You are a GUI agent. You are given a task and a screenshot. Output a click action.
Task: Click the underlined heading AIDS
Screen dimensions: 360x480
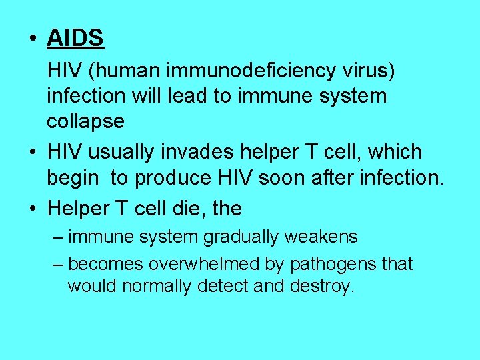point(75,39)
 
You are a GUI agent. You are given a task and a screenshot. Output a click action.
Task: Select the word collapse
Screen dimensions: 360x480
point(85,121)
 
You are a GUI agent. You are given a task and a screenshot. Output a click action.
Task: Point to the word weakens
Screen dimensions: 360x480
point(325,237)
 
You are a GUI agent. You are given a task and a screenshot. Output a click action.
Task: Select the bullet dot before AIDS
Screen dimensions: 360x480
point(33,39)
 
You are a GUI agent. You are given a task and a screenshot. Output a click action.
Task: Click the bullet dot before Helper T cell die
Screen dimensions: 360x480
point(33,209)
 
